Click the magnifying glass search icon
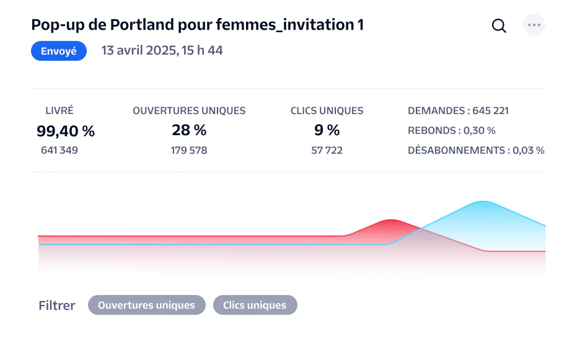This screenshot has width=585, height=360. tap(499, 26)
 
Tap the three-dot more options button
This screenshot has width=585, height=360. tap(534, 25)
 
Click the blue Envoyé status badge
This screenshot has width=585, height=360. tap(59, 51)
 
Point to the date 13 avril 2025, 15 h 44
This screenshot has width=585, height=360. tap(162, 51)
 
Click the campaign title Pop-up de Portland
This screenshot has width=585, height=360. tap(197, 25)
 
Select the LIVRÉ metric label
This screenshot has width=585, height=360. tap(59, 111)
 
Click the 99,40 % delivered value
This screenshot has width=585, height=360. tap(66, 131)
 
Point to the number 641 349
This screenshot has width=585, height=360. tap(59, 150)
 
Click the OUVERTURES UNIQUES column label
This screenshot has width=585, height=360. tap(189, 111)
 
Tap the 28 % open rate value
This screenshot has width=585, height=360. tap(189, 130)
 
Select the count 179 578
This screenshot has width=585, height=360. tap(189, 150)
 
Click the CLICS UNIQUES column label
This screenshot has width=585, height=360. tap(327, 111)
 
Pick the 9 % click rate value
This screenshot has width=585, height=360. tap(327, 130)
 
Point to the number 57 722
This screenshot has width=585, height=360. tap(327, 150)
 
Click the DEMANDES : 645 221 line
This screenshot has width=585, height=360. tap(458, 111)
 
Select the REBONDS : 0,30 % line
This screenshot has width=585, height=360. tap(451, 131)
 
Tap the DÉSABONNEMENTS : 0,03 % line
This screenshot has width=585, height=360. tap(476, 150)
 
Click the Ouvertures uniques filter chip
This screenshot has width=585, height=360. tap(146, 305)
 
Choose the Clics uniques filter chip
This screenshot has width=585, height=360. tap(255, 305)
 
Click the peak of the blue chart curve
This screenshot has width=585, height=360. tap(482, 202)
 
